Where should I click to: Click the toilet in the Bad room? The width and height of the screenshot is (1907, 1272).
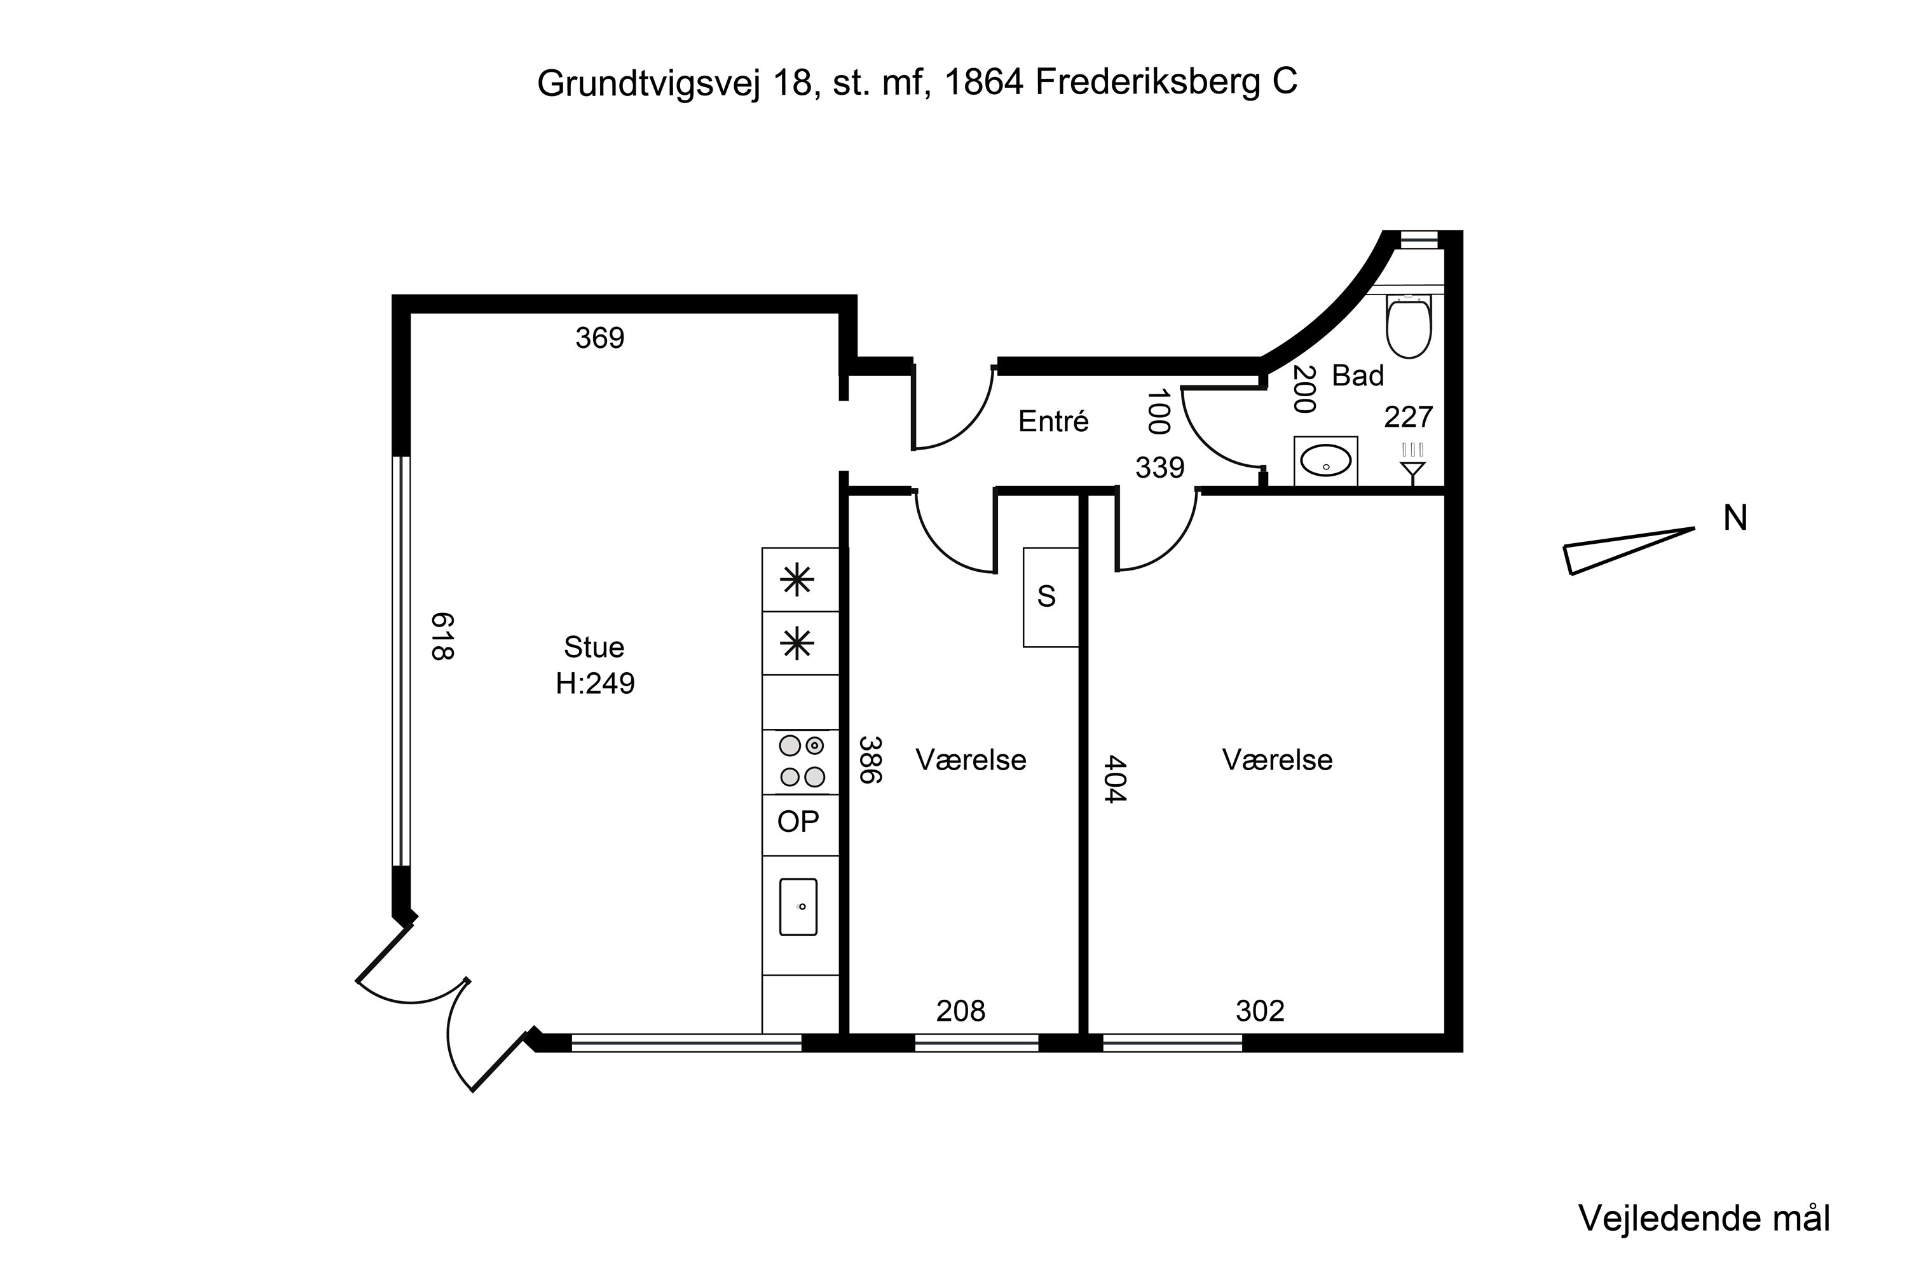click(1409, 326)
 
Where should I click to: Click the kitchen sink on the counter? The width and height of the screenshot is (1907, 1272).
click(798, 907)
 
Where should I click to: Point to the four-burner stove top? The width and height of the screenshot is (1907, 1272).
click(801, 761)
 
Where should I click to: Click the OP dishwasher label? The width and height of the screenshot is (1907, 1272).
click(798, 822)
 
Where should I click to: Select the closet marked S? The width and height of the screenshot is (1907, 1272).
click(1049, 597)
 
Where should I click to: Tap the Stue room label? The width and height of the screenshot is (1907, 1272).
click(594, 647)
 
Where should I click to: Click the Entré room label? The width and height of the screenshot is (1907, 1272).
click(1053, 422)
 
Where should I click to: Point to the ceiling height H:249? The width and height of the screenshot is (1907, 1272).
click(594, 684)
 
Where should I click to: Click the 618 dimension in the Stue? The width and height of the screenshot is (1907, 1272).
click(442, 636)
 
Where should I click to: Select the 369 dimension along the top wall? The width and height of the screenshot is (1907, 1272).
click(599, 338)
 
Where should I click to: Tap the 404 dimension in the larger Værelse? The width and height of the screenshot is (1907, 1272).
click(1116, 778)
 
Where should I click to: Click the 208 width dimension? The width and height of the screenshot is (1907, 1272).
click(960, 1011)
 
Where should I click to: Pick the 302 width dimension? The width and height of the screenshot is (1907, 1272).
click(1259, 1011)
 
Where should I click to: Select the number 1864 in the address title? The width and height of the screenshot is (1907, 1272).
click(983, 83)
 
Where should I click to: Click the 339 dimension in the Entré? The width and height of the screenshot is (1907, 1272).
click(1159, 467)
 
